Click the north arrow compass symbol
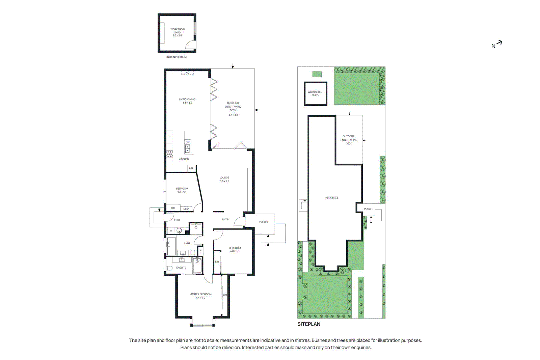tap(497, 44)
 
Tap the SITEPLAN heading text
tap(308, 324)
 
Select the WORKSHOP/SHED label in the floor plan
tap(177, 31)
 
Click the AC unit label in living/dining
tap(188, 73)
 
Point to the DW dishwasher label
tap(188, 142)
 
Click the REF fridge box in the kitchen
tap(191, 168)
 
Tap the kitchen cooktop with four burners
tap(169, 154)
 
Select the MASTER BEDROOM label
tap(200, 294)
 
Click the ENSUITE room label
tap(181, 268)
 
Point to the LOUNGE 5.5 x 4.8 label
tap(224, 179)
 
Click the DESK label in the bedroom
tap(186, 209)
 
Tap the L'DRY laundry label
tap(177, 220)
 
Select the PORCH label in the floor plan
tap(263, 222)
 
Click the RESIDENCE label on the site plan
tap(331, 198)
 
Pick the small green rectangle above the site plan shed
tap(317, 74)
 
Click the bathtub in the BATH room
tap(171, 246)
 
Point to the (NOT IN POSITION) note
tap(177, 57)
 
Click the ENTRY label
tap(226, 220)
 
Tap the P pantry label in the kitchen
tap(169, 137)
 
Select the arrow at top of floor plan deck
tap(233, 66)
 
